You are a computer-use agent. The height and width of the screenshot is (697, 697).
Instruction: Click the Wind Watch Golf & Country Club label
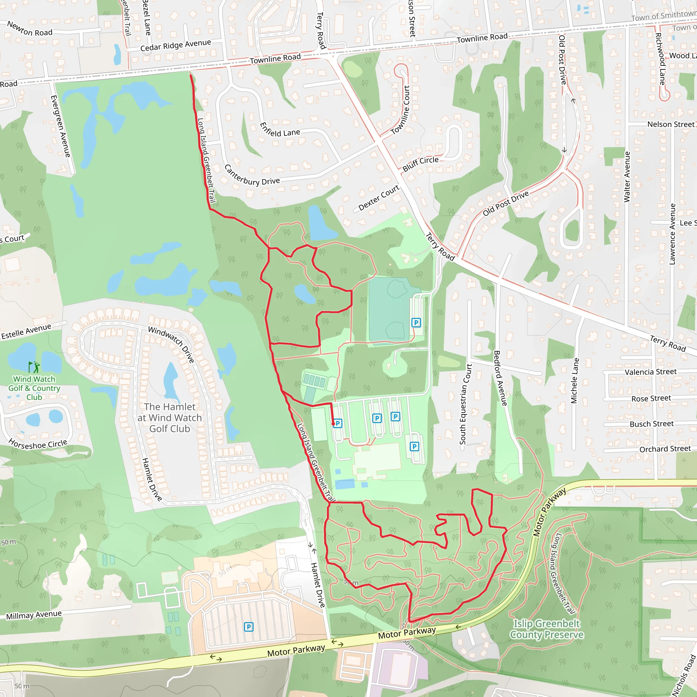coord(34,388)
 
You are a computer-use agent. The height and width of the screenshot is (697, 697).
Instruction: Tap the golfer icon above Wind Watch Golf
coord(34,367)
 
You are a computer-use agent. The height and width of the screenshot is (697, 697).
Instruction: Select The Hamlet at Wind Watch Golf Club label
coord(169,418)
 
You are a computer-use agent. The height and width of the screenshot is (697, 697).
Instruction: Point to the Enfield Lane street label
coord(280,130)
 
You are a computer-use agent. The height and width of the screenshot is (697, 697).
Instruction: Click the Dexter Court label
coord(378,198)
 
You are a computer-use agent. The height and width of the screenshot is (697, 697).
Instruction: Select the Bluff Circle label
coord(420,164)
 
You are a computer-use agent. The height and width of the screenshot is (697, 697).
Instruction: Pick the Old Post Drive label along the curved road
coord(506,204)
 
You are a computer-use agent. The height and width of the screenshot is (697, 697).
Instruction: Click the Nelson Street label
coord(671,125)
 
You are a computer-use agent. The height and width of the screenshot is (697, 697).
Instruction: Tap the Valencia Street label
coord(650,372)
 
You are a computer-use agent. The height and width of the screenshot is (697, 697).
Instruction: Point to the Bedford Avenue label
coord(500,378)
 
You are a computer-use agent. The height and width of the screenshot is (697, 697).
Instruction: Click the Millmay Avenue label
coord(34,615)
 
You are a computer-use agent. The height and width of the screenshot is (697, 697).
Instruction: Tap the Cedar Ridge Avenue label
coord(175,45)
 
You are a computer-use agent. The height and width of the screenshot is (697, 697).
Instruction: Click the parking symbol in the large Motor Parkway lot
coord(248,627)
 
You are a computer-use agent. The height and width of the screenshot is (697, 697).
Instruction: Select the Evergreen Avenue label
coord(60,126)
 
